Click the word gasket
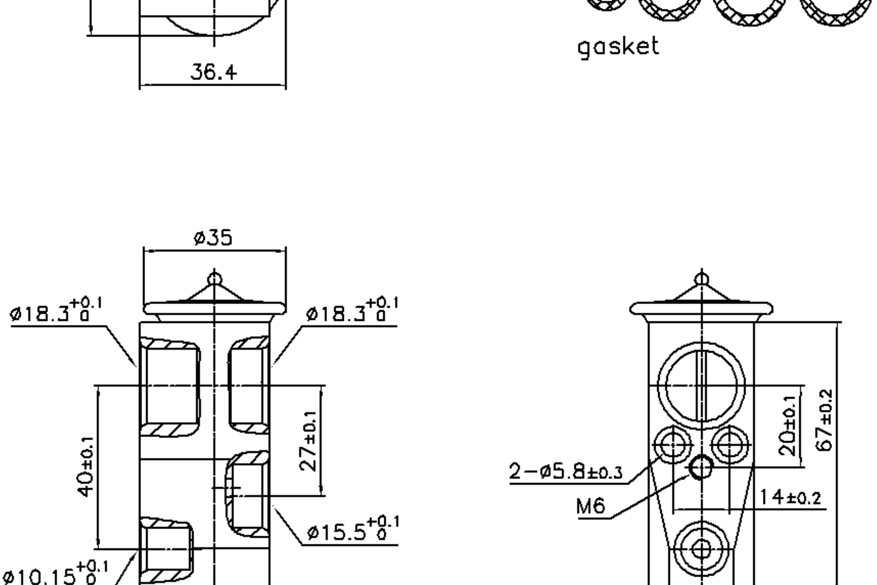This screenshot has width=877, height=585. tap(618, 48)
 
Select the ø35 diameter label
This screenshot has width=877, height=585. tap(213, 238)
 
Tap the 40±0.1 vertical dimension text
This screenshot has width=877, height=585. tap(86, 467)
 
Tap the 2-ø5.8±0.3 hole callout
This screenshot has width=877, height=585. tap(566, 472)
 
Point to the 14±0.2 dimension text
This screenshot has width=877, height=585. tap(790, 498)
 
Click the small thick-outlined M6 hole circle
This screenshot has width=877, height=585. tap(701, 467)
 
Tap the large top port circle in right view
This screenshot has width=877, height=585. tap(701, 385)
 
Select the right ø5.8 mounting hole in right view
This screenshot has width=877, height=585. tap(730, 445)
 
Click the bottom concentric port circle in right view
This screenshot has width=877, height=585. tap(701, 549)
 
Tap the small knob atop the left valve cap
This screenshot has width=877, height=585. tap(214, 279)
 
